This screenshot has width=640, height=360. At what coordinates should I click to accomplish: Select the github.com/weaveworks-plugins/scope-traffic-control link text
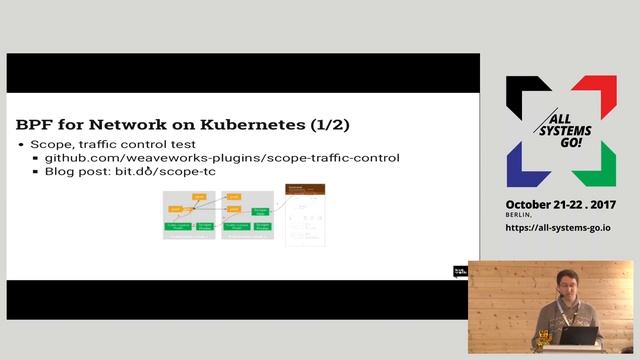click(x=222, y=158)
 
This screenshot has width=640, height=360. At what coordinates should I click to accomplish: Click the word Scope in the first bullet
click(x=49, y=145)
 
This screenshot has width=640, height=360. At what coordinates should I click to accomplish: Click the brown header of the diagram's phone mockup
click(x=306, y=189)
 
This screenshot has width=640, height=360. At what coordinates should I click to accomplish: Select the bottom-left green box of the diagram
click(x=177, y=228)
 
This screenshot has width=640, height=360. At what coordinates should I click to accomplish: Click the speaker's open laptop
click(x=578, y=336)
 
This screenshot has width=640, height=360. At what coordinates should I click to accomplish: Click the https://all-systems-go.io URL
click(x=558, y=228)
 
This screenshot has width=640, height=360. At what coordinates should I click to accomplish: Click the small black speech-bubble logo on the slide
click(x=461, y=270)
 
